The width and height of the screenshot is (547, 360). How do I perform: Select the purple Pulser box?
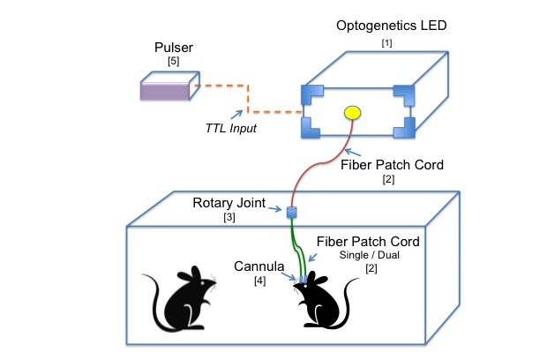click(x=171, y=91)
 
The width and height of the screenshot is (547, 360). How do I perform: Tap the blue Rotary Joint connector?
click(x=290, y=212)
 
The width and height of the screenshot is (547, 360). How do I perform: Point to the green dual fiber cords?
click(x=296, y=247)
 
